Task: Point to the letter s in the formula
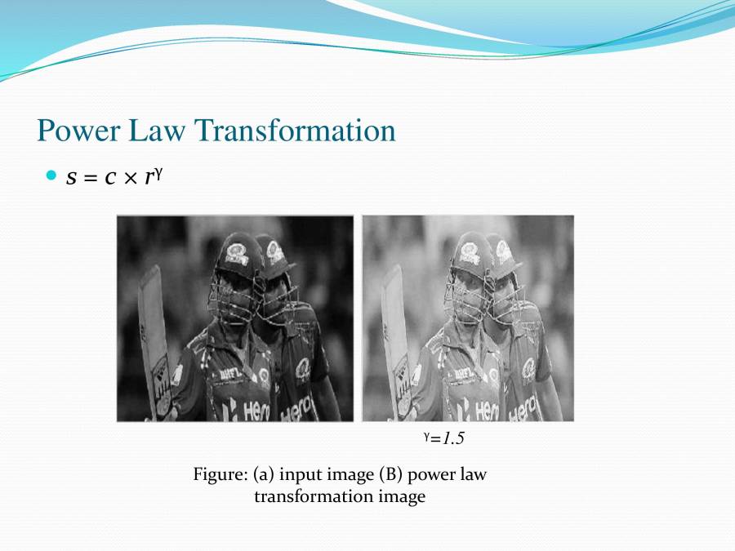click(72, 178)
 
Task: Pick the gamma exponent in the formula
click(156, 172)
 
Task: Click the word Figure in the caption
click(220, 474)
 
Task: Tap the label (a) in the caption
click(262, 474)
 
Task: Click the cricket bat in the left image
click(155, 343)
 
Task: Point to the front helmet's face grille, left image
click(233, 298)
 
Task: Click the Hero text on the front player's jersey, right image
click(488, 411)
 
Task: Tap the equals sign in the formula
click(88, 178)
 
